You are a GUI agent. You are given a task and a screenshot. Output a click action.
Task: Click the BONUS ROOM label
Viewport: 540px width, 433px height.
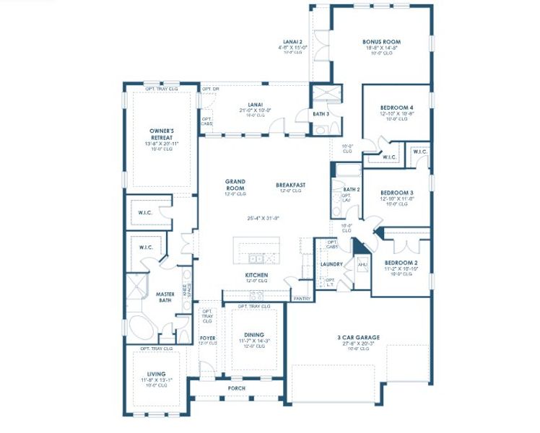coord(381,42)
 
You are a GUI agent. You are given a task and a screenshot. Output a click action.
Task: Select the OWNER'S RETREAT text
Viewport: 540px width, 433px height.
coord(160,134)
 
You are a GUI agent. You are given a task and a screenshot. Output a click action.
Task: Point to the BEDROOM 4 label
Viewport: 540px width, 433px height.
coord(396,107)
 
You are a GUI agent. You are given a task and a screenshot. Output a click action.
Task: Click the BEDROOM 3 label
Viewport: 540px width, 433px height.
coord(396,193)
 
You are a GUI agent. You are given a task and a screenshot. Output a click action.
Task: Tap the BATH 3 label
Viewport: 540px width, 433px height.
coord(321,114)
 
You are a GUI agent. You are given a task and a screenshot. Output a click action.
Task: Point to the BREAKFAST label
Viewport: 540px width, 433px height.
coord(290,185)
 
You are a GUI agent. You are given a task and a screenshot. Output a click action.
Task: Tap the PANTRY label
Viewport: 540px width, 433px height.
coord(301,298)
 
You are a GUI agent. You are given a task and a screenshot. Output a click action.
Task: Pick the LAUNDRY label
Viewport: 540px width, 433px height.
coord(331,264)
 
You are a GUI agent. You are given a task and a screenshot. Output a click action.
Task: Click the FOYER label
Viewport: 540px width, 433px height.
coord(207,338)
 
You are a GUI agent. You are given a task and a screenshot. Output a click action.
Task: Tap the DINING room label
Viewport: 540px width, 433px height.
coord(253,335)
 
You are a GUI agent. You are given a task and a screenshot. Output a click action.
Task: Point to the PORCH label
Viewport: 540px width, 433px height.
coord(236,388)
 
